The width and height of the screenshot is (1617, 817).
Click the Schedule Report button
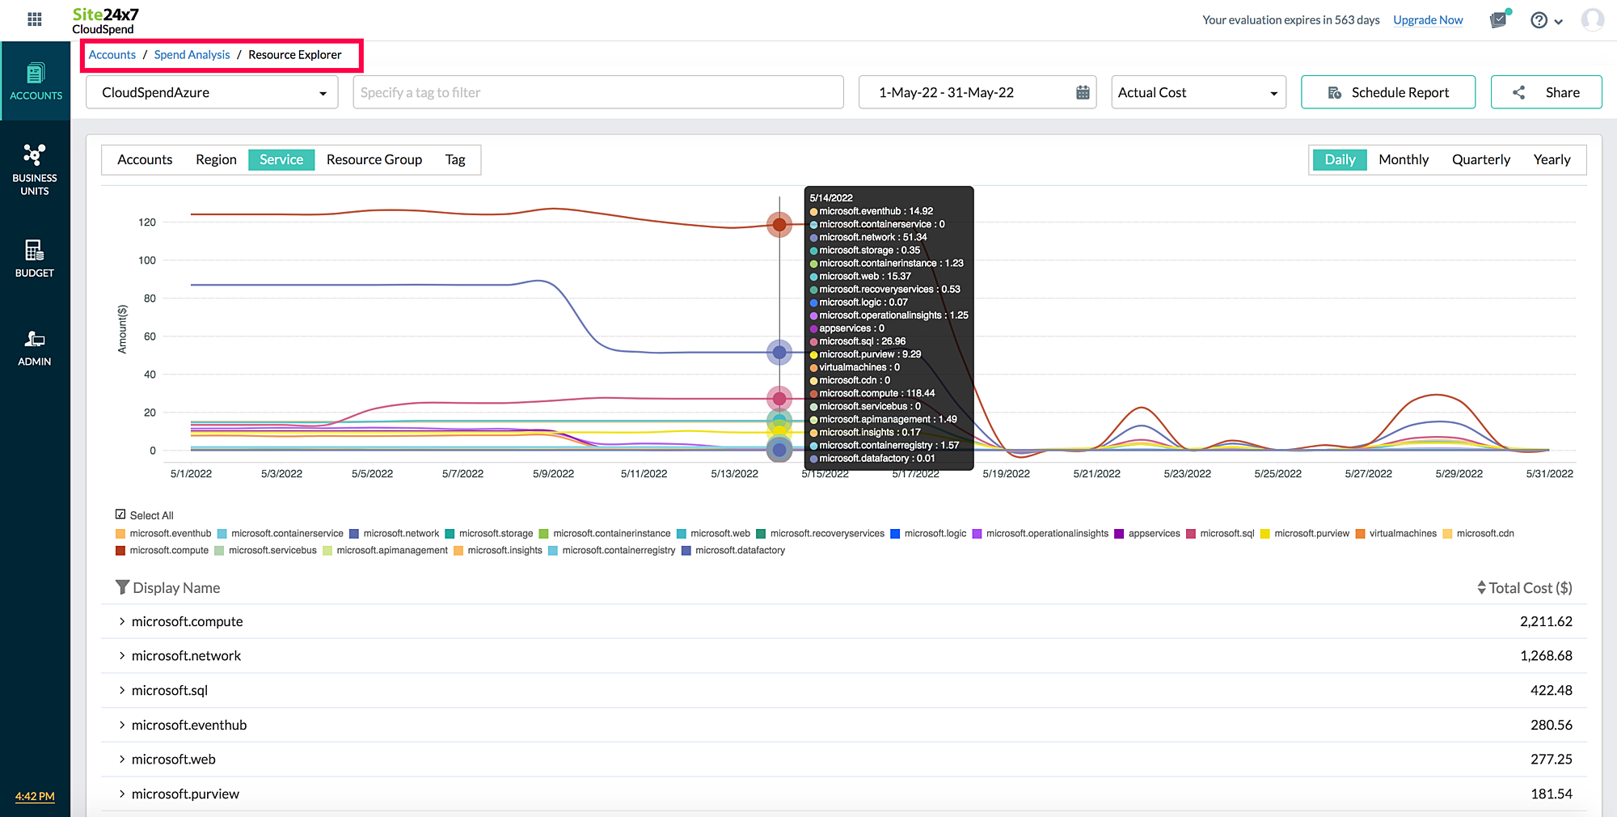(1387, 92)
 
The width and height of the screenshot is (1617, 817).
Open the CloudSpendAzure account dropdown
(212, 92)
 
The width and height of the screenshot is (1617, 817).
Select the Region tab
(216, 159)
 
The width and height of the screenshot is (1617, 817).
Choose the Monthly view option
(1403, 159)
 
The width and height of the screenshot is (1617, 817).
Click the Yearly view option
(1551, 159)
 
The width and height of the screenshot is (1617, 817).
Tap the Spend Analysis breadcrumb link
(192, 55)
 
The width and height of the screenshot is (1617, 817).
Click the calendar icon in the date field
(1083, 92)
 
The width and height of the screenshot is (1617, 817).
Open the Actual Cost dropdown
(1197, 92)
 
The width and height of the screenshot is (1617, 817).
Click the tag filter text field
(597, 92)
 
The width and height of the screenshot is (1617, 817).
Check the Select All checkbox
(120, 514)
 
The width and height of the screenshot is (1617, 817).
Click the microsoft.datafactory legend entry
(739, 551)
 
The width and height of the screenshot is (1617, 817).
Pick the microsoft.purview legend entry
(1311, 534)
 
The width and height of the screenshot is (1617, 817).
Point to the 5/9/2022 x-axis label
(553, 474)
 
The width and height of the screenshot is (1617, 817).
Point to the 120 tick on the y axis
(147, 222)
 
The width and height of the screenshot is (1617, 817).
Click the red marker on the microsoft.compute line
(779, 225)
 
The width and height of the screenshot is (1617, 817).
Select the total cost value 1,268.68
(1546, 656)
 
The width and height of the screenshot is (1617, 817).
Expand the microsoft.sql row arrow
(122, 690)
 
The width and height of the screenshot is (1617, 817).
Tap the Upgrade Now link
(1428, 20)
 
